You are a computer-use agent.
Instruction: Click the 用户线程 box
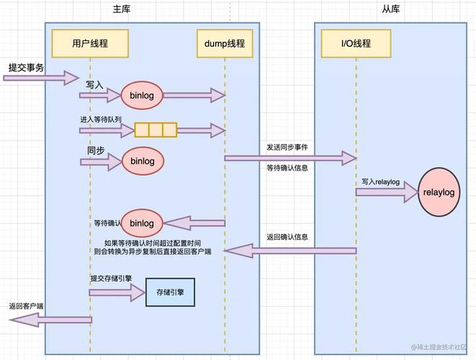click(x=90, y=43)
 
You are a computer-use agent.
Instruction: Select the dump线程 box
click(x=224, y=43)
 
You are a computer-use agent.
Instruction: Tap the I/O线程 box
click(x=356, y=43)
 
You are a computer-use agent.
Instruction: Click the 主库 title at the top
click(x=122, y=9)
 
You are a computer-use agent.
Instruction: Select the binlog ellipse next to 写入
click(x=142, y=94)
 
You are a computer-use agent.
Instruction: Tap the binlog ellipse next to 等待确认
click(x=142, y=223)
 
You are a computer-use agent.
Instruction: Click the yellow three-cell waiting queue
click(x=155, y=130)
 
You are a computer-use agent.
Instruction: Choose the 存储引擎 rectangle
click(x=170, y=292)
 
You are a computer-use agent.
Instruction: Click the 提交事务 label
click(x=26, y=67)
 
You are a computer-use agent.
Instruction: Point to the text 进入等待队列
click(x=100, y=118)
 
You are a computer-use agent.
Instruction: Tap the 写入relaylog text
click(x=380, y=182)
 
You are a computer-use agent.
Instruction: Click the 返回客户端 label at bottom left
click(x=27, y=306)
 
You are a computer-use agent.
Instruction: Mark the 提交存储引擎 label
click(x=111, y=278)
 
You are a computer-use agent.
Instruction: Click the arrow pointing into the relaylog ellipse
click(x=387, y=192)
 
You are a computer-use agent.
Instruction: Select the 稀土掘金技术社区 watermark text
click(x=439, y=348)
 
